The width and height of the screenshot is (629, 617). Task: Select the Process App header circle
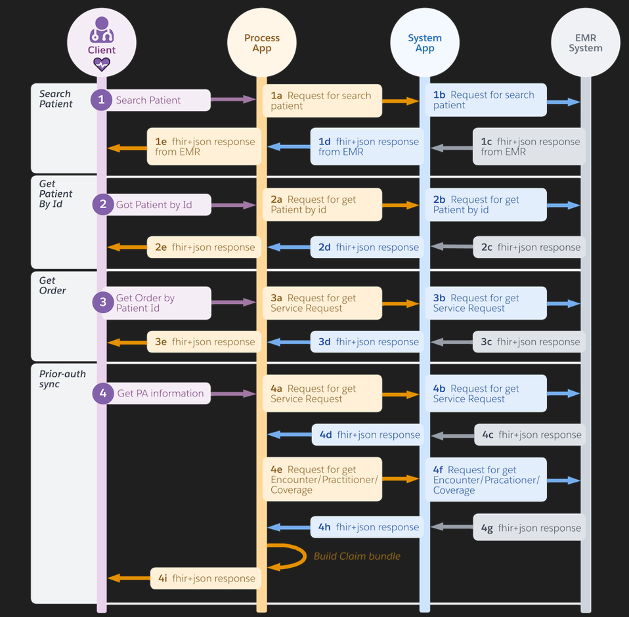tap(261, 42)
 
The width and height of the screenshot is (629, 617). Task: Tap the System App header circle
tap(424, 42)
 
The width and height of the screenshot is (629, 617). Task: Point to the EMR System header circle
tap(585, 42)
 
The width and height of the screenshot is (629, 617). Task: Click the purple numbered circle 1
tap(101, 100)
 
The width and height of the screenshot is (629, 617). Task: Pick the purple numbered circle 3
tap(102, 303)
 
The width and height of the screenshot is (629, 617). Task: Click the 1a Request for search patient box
tap(322, 100)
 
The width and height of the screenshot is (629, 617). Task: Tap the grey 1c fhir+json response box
tap(529, 146)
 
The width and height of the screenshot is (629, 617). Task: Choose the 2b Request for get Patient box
tap(485, 205)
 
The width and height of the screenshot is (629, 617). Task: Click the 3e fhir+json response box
tap(204, 342)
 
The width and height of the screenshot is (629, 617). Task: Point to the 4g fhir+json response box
tap(529, 527)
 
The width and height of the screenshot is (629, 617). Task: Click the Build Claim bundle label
tap(357, 556)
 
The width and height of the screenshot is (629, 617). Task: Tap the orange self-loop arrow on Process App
tap(292, 556)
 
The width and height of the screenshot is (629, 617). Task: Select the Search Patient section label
tap(55, 99)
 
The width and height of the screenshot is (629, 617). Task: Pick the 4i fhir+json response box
tap(206, 578)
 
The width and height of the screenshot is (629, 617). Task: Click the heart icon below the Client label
tap(101, 64)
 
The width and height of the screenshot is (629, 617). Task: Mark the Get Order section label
tap(53, 286)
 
